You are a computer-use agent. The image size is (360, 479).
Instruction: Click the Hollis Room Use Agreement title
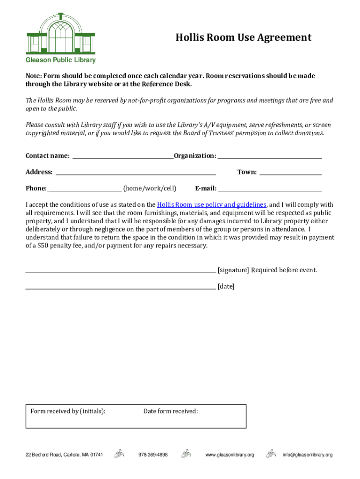click(x=243, y=37)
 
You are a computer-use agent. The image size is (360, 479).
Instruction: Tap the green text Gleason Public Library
click(x=60, y=60)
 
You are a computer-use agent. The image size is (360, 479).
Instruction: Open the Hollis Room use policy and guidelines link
click(x=212, y=205)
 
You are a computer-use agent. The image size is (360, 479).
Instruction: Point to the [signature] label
click(x=233, y=270)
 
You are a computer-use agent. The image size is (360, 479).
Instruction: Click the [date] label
click(x=226, y=286)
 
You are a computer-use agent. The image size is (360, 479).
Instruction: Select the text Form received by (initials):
click(x=68, y=411)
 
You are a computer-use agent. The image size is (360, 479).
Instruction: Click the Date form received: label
click(x=171, y=411)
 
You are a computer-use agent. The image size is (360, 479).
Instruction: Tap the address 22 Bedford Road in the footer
click(x=64, y=455)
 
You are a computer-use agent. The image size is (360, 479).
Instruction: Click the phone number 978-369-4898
click(x=153, y=455)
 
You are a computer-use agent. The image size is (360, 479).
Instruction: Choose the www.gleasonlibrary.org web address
click(x=230, y=455)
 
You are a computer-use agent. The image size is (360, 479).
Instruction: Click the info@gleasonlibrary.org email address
click(x=307, y=455)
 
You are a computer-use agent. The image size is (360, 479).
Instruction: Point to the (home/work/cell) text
click(x=150, y=189)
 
